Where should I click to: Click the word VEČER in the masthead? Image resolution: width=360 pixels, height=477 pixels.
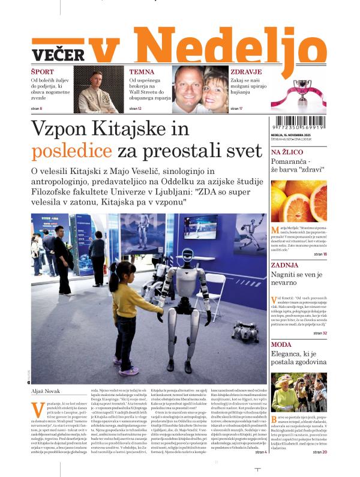[58, 55]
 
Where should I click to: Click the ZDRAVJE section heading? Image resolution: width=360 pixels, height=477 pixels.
[245, 71]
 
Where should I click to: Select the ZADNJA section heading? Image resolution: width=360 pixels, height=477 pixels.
[284, 265]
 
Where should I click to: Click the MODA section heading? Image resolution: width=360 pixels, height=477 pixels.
[281, 344]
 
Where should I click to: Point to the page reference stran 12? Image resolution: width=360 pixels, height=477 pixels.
[136, 108]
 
